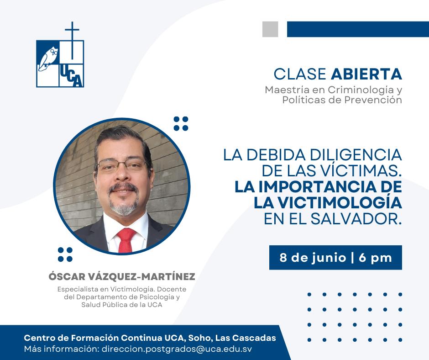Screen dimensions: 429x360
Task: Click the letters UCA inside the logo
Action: [71, 77]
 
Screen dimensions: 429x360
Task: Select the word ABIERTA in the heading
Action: [366, 74]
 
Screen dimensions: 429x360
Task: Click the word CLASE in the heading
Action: [300, 74]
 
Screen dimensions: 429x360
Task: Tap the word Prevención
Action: [373, 100]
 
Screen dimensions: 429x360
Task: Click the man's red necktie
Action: [126, 240]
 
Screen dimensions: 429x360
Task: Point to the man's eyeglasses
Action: [122, 165]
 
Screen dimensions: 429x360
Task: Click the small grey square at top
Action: [270, 29]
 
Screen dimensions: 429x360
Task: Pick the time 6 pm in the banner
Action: [375, 258]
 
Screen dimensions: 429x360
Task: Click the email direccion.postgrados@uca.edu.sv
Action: [177, 349]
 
